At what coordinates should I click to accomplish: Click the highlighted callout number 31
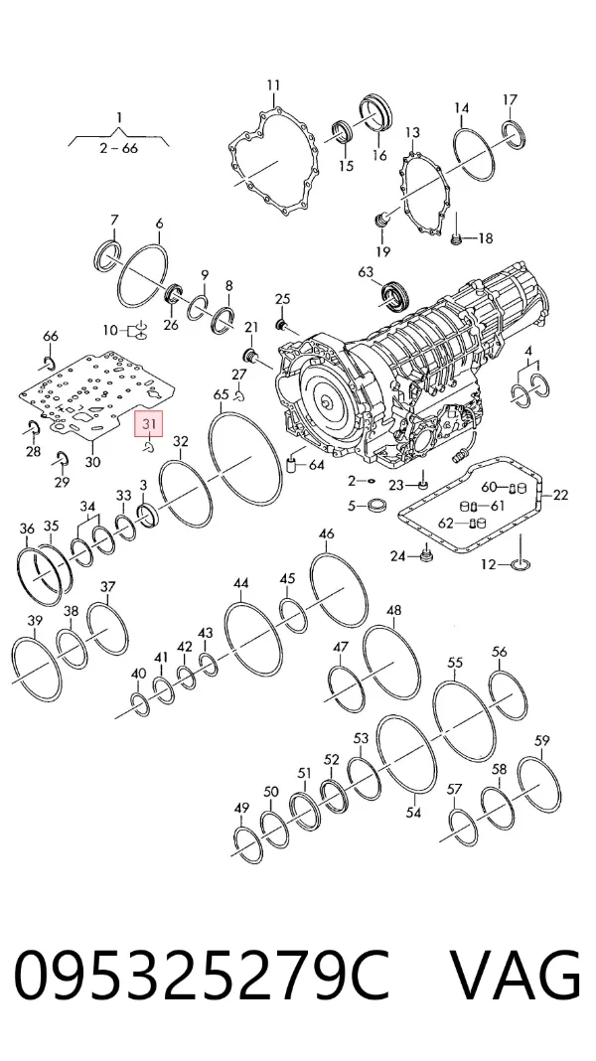(150, 425)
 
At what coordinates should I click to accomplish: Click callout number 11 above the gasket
(273, 86)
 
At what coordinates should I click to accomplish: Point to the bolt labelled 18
(456, 238)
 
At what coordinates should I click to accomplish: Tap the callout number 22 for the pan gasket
(561, 496)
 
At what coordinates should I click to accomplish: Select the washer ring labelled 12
(521, 563)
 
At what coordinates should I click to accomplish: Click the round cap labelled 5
(375, 506)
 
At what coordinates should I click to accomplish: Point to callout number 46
(326, 533)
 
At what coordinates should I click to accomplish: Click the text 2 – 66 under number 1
(119, 147)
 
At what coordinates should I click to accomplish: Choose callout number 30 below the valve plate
(92, 462)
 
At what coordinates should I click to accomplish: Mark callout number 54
(413, 813)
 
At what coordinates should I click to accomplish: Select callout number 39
(35, 621)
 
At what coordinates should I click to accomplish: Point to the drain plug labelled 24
(425, 555)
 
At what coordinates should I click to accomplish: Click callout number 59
(542, 741)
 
